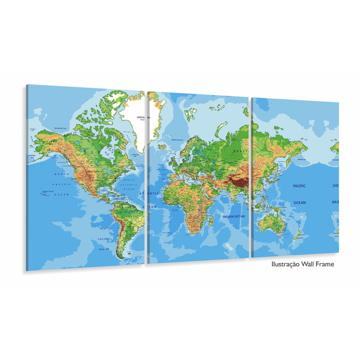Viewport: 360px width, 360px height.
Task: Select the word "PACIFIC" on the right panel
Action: tap(300, 186)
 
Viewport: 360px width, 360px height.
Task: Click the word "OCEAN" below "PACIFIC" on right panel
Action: tap(300, 202)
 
